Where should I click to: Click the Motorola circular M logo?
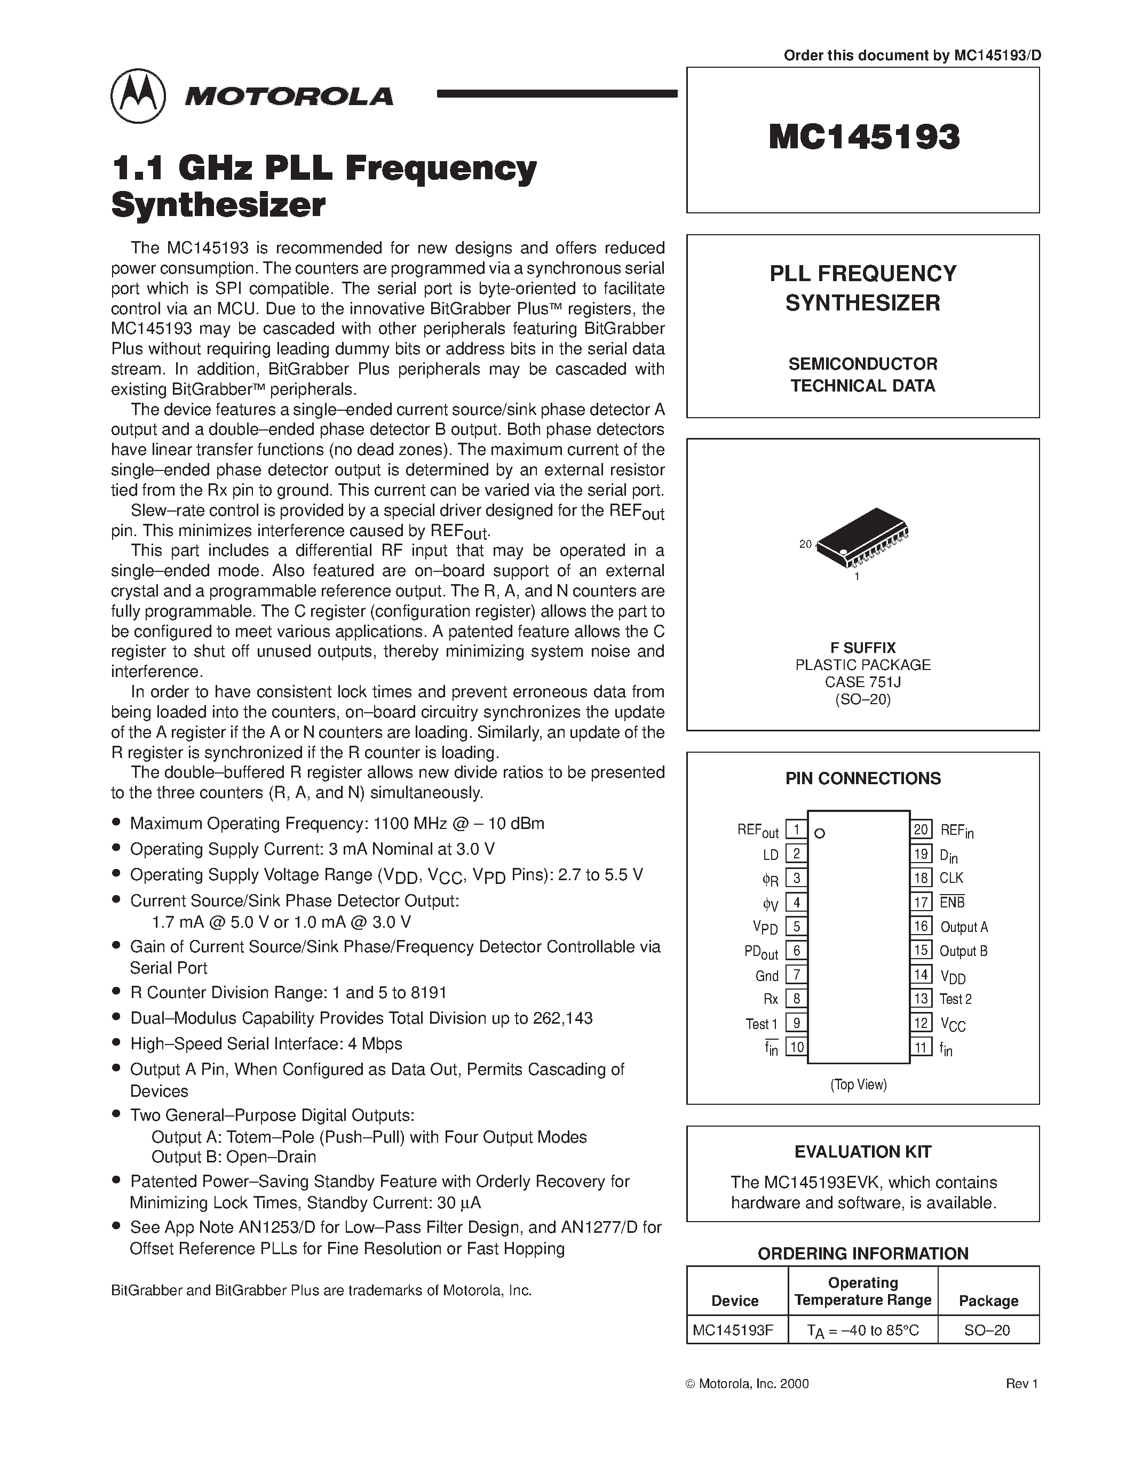138,96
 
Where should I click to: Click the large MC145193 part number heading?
864,137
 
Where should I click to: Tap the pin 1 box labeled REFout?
796,830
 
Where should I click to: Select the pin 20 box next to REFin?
921,830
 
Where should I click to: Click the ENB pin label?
952,902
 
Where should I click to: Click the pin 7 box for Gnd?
796,975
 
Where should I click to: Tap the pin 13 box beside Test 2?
921,999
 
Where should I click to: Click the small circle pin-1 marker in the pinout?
820,834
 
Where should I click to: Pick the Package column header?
988,1301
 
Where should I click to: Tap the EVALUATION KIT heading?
862,1152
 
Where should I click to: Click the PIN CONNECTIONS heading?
862,778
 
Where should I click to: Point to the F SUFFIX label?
862,648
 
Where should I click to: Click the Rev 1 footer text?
1022,1384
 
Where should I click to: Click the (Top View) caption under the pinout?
859,1084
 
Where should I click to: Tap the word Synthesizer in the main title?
218,204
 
